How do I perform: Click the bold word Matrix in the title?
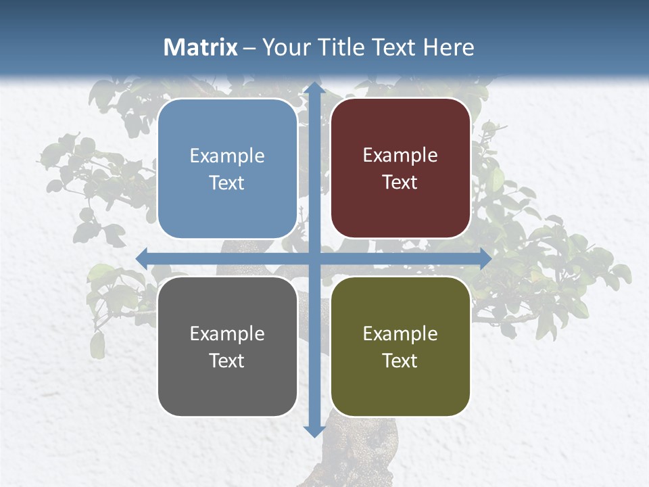pyautogui.click(x=201, y=47)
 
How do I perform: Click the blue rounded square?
pyautogui.click(x=227, y=169)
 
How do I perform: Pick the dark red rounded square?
pyautogui.click(x=400, y=168)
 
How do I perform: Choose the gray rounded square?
pyautogui.click(x=227, y=347)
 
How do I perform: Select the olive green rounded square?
pyautogui.click(x=400, y=347)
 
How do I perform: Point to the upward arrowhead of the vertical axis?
pyautogui.click(x=314, y=90)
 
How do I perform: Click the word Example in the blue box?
pyautogui.click(x=227, y=156)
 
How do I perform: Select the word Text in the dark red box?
pyautogui.click(x=400, y=183)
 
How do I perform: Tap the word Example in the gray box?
pyautogui.click(x=227, y=334)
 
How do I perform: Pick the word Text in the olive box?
pyautogui.click(x=400, y=361)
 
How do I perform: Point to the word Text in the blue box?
pyautogui.click(x=227, y=183)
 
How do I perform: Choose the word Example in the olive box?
pyautogui.click(x=400, y=334)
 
